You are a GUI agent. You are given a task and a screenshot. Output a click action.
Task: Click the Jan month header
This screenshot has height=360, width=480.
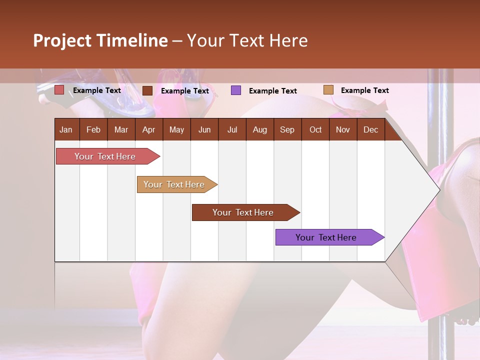click(66, 130)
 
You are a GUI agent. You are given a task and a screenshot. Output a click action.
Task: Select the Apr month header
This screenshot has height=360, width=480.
click(148, 130)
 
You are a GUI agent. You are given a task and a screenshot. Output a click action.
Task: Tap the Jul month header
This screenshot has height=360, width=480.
click(232, 130)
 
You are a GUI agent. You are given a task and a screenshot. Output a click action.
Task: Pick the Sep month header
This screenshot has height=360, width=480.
click(287, 130)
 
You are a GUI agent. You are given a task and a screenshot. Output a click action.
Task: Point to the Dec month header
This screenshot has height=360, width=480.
click(370, 130)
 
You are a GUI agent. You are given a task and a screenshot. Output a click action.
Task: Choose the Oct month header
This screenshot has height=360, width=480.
click(315, 130)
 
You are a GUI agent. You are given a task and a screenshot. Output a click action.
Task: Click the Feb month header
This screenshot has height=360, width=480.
click(93, 130)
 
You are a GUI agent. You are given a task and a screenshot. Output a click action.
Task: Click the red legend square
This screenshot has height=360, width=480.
click(59, 90)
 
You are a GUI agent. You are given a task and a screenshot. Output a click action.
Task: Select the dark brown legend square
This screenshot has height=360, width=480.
click(147, 90)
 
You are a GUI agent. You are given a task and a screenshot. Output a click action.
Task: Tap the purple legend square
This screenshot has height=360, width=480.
click(236, 90)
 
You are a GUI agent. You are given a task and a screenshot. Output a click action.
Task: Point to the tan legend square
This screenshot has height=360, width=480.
click(328, 90)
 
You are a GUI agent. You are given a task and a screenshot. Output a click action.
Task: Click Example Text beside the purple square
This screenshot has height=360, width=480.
click(273, 91)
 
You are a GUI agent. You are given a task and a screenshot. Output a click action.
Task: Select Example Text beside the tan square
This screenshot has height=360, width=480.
click(365, 90)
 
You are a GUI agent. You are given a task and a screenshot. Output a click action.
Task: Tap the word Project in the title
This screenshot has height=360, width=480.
click(62, 40)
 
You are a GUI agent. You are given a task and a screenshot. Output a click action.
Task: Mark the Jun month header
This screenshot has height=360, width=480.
click(204, 130)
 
